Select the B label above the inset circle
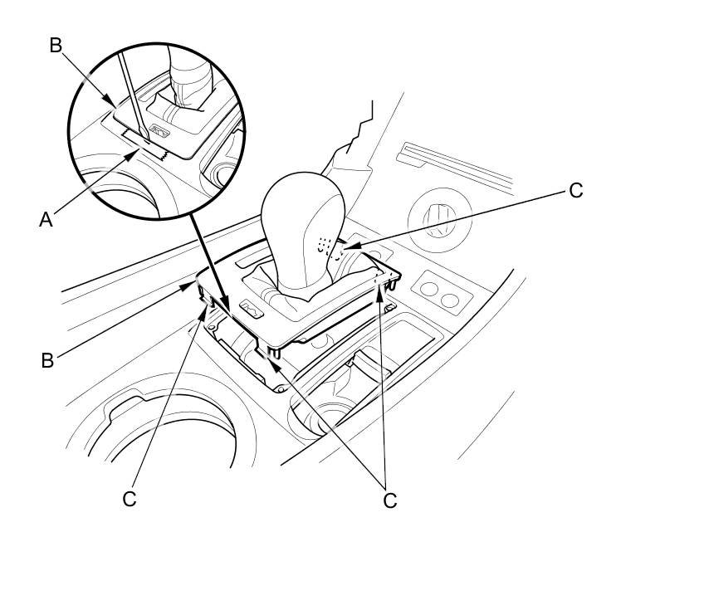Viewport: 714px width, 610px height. click(56, 45)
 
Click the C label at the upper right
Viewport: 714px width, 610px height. click(575, 191)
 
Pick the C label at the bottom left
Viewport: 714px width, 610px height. click(130, 499)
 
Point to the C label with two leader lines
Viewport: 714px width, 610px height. click(389, 500)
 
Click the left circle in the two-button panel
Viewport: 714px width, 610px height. click(430, 290)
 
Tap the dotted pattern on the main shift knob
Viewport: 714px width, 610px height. click(325, 243)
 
